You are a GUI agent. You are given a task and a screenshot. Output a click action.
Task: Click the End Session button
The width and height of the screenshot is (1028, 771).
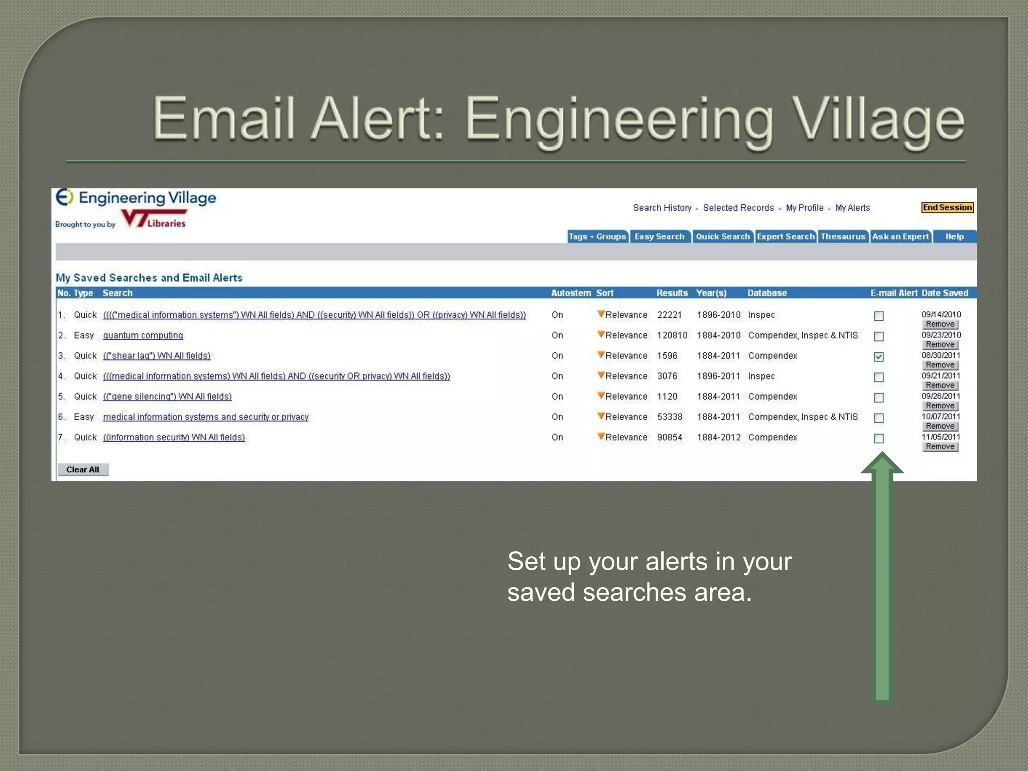(947, 208)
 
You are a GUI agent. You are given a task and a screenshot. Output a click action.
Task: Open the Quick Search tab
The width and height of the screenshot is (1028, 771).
(722, 236)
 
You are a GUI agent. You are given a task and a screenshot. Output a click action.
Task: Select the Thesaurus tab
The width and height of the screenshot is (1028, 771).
(843, 236)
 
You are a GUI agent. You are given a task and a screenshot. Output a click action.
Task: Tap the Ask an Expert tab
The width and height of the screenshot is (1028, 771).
(900, 236)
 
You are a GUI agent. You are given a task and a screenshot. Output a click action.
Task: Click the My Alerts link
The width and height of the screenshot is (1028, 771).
(852, 208)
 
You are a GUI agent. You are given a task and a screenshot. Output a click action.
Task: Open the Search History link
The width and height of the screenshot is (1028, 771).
(662, 208)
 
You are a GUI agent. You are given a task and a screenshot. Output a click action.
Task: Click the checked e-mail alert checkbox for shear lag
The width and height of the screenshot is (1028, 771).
(878, 357)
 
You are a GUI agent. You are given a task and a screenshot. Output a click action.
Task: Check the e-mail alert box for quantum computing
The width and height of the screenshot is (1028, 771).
(878, 336)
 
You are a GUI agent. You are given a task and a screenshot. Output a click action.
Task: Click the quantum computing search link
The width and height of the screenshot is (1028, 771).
(143, 335)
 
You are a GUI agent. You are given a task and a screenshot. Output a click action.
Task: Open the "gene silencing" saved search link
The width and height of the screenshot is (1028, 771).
(167, 397)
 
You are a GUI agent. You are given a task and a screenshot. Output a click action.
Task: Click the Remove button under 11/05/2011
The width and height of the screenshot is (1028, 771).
(940, 447)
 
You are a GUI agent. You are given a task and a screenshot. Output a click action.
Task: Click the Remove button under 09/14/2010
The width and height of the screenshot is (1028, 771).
(940, 324)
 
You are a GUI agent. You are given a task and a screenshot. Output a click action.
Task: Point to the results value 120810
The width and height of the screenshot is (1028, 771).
(672, 335)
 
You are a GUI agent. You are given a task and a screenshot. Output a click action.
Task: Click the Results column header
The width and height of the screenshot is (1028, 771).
(672, 293)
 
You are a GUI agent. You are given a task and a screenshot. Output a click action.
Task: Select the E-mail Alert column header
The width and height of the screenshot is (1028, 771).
(893, 293)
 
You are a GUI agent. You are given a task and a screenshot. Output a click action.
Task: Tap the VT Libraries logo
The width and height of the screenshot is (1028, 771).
(155, 219)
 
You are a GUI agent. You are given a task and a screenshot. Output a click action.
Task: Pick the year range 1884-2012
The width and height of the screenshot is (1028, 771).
(718, 437)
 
